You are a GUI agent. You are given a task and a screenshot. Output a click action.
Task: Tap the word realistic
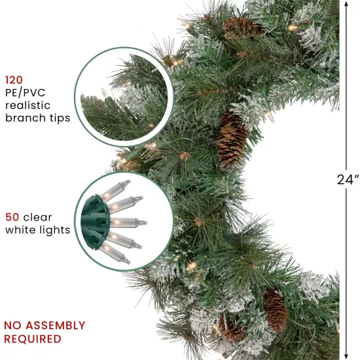[28, 105]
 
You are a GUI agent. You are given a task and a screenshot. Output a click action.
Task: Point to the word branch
[24, 118]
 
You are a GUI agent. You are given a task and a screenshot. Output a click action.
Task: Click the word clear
[38, 217]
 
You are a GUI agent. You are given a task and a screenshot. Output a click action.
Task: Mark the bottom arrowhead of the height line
[345, 355]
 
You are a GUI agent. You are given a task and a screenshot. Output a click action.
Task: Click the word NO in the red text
[14, 325]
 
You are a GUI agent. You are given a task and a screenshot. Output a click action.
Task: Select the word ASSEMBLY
[56, 325]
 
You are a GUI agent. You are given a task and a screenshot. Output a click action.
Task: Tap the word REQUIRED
[33, 339]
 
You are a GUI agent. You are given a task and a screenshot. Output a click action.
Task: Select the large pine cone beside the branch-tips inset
[232, 139]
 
